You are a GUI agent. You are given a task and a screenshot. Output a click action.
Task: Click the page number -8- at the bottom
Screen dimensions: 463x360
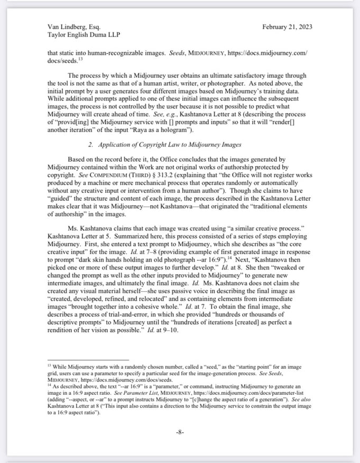pos(180,432)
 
